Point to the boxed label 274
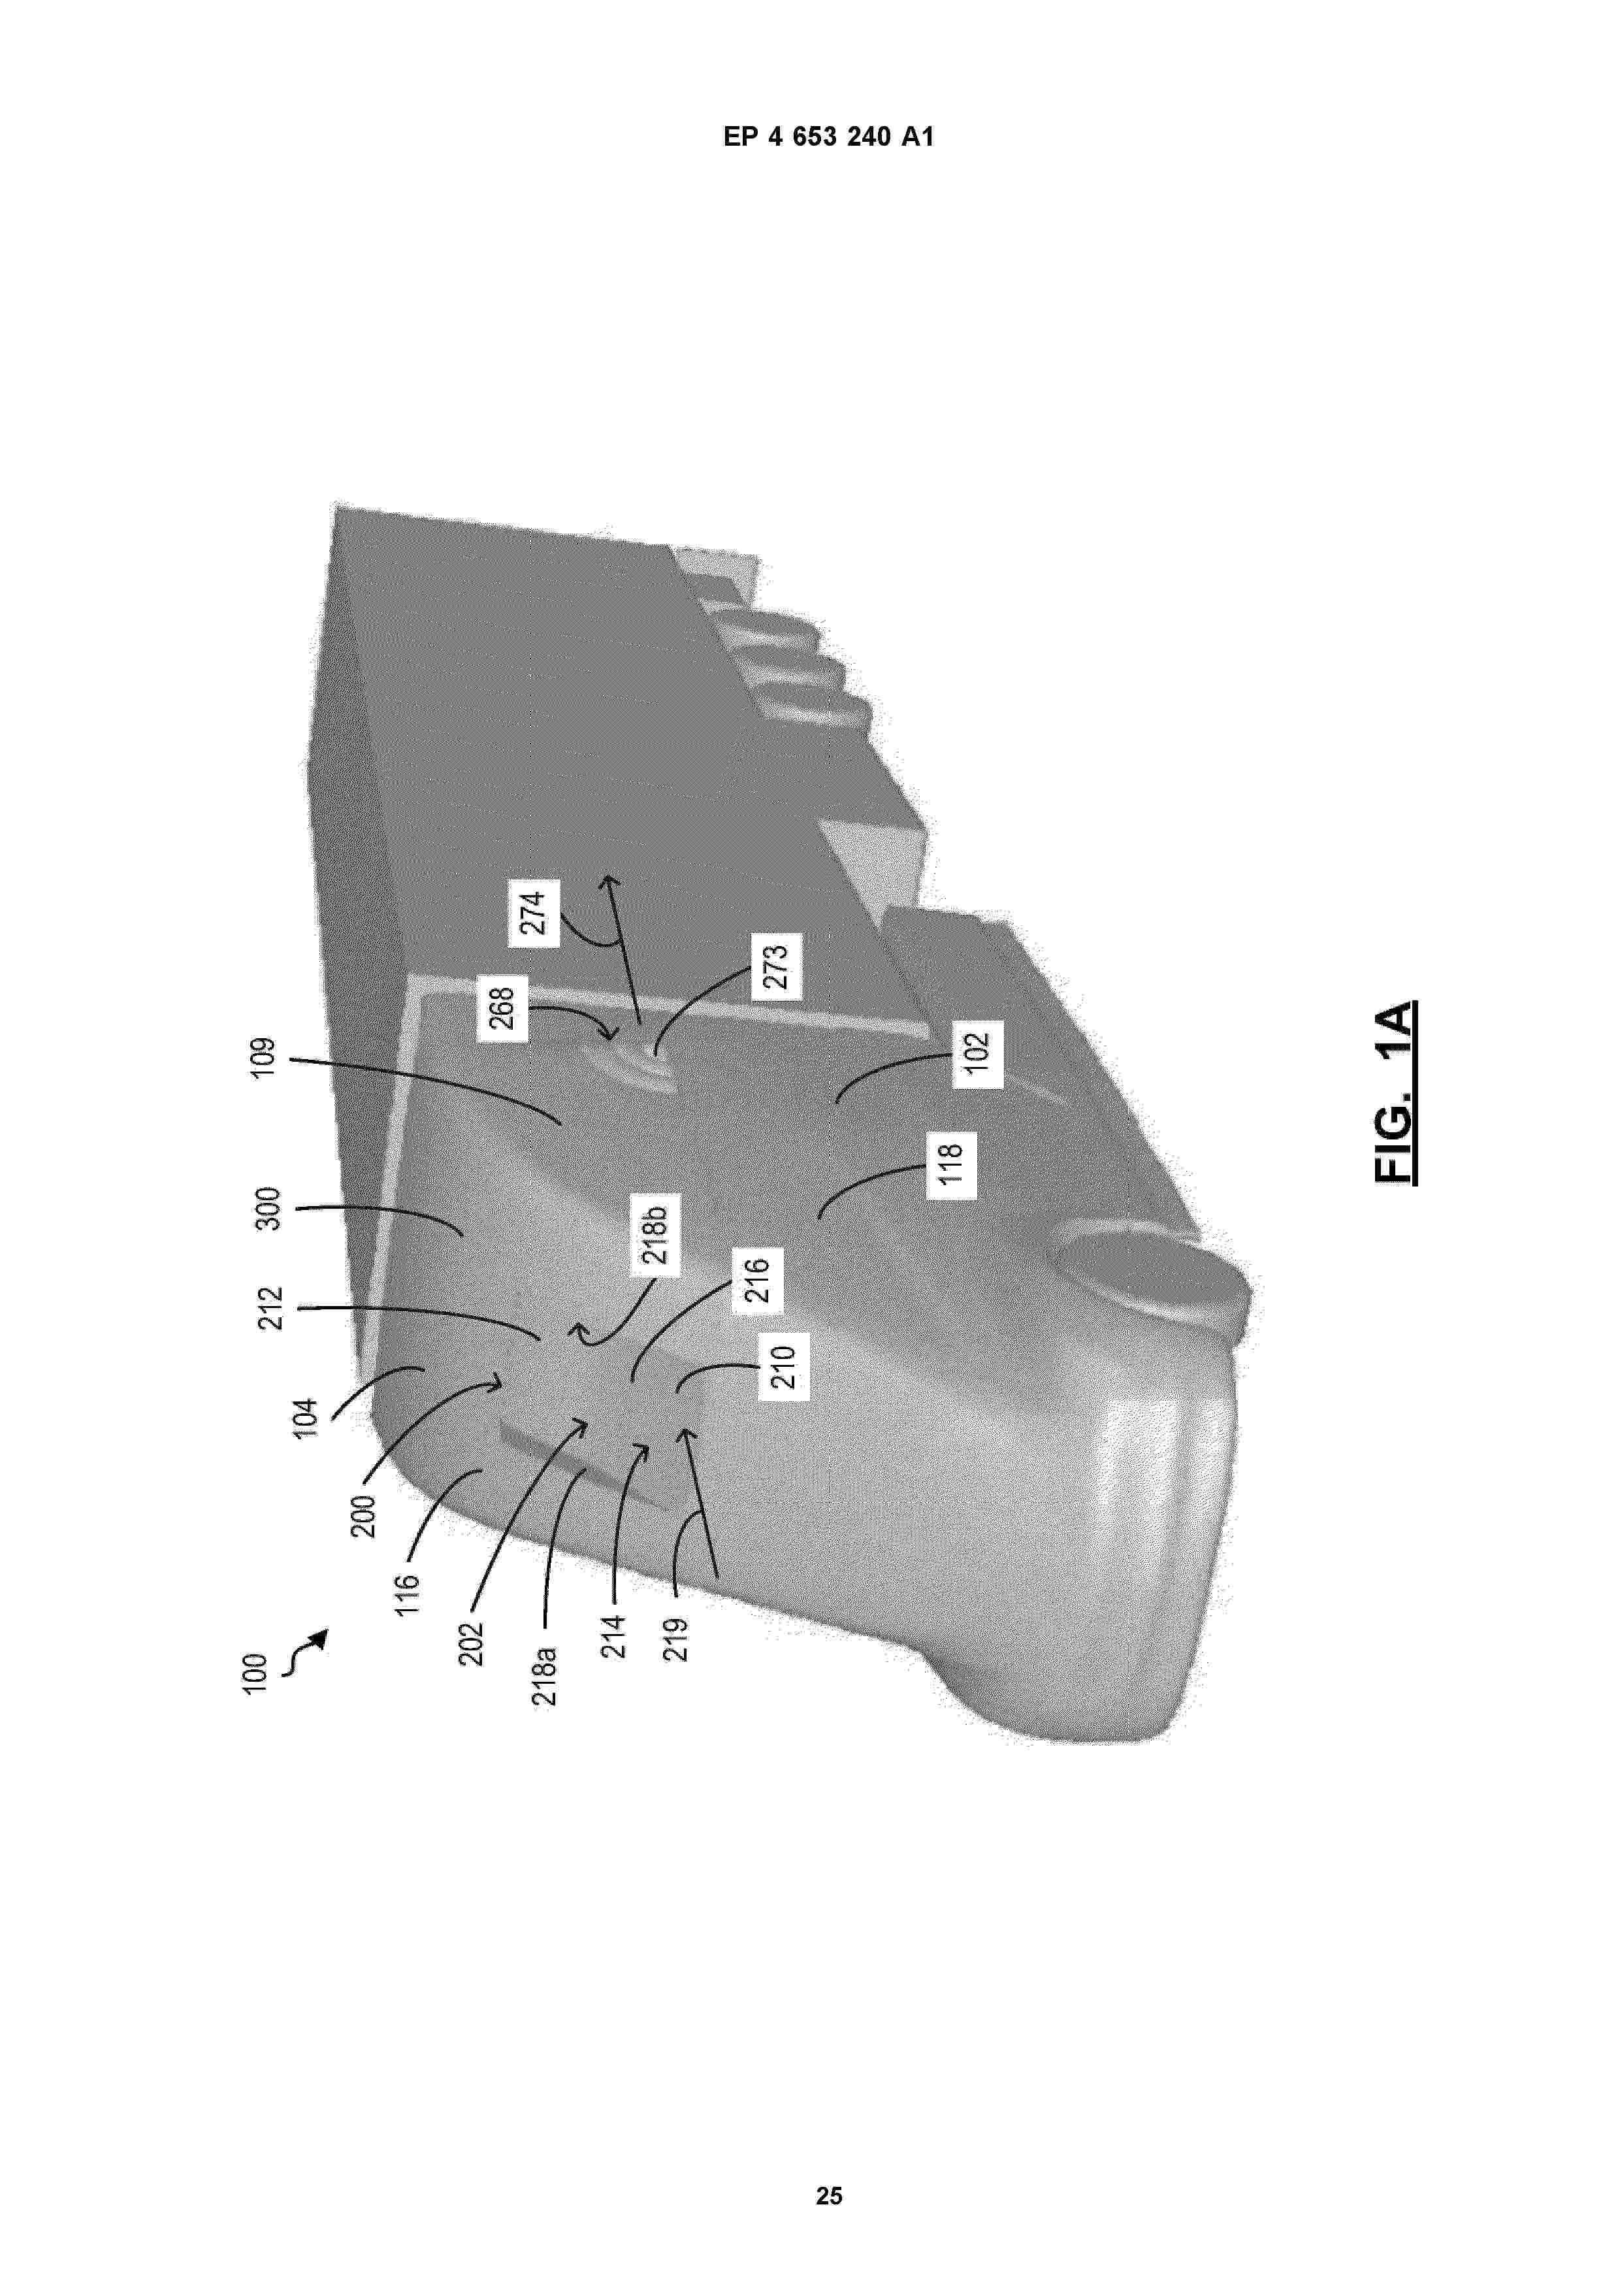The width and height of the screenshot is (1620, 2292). click(533, 912)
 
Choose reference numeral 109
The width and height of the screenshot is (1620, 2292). click(261, 1061)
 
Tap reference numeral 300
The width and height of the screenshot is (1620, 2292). click(270, 1209)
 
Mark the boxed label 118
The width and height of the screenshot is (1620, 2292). click(950, 1165)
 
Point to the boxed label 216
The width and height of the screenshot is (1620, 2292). click(758, 1280)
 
